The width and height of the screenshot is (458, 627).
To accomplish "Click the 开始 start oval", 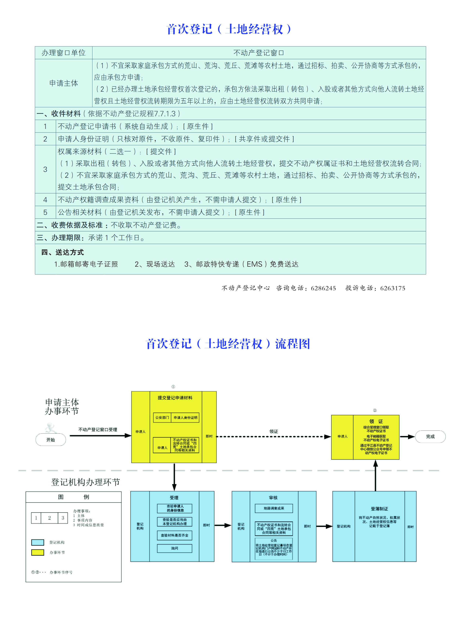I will (51, 440).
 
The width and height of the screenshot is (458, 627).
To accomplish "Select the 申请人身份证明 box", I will (185, 418).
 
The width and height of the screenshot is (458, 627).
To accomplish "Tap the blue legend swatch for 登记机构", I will (38, 542).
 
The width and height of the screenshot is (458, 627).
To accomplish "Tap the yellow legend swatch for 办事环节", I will (38, 553).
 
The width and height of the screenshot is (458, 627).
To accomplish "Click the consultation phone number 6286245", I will (323, 288).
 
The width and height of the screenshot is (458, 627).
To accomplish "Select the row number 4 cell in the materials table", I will (45, 200).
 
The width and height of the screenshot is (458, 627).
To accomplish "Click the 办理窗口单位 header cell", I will (63, 53).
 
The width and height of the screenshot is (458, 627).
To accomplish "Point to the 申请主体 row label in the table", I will (63, 83).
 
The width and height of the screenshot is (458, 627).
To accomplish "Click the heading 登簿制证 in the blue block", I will (379, 509).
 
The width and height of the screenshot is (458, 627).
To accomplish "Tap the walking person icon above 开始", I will (50, 428).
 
